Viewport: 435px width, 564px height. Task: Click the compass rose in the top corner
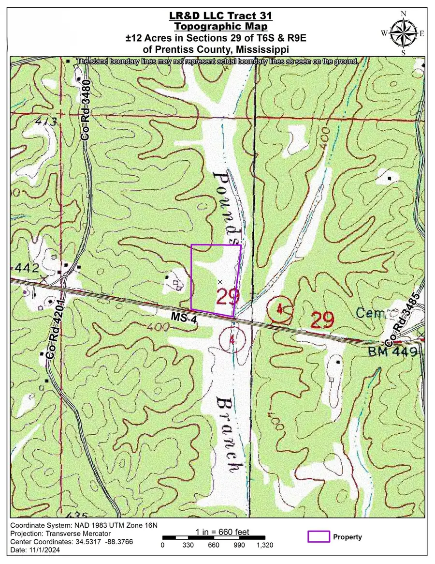click(x=406, y=32)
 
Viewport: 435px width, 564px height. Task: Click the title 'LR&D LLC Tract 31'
click(x=217, y=16)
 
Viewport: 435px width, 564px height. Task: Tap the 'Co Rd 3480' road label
click(x=86, y=110)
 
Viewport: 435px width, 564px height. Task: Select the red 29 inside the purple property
click(x=228, y=296)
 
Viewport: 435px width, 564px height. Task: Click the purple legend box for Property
click(x=319, y=536)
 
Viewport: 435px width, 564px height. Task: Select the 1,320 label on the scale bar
click(x=265, y=545)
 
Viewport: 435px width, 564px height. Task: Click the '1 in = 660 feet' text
click(x=222, y=532)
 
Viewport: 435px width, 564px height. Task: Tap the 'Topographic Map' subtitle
click(x=217, y=27)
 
